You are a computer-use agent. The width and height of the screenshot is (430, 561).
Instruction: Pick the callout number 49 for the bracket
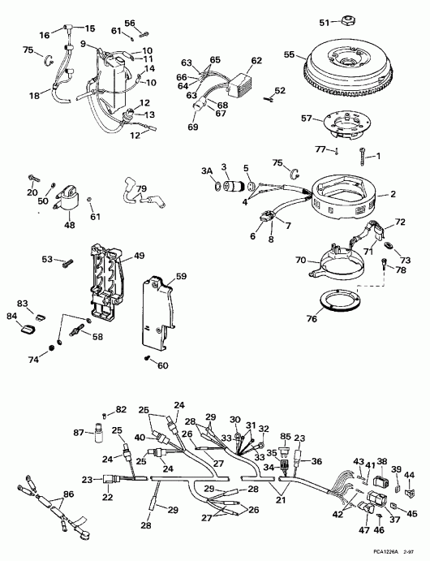[x=139, y=256]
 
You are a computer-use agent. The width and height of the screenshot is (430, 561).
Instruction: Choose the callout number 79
[x=142, y=190]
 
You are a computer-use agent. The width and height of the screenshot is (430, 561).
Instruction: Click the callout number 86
[x=67, y=494]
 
